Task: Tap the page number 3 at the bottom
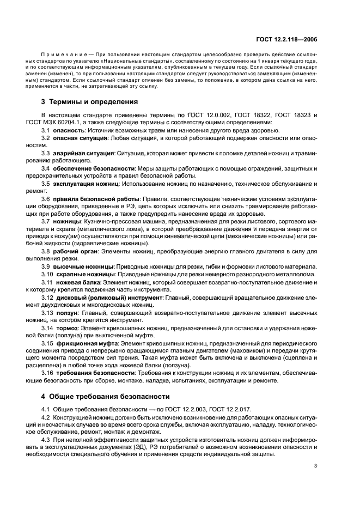[315, 466]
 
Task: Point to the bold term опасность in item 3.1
[70, 130]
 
